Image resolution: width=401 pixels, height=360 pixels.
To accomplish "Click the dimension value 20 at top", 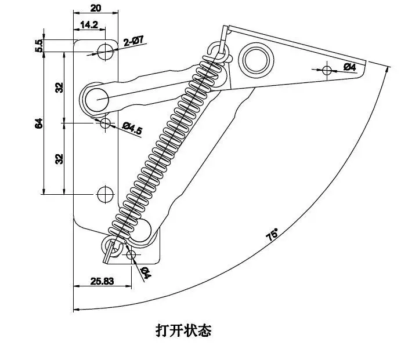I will tap(96, 8).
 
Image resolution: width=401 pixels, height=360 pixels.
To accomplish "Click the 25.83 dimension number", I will tap(102, 281).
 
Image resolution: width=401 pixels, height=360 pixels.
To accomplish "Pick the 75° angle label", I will tap(272, 235).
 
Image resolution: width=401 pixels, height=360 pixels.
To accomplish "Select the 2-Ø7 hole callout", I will tap(133, 41).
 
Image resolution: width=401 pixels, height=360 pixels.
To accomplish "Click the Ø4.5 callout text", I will tap(132, 128).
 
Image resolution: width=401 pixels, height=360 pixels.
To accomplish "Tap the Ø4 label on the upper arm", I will tap(349, 67).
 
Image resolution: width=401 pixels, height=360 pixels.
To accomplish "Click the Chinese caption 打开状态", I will tap(183, 331).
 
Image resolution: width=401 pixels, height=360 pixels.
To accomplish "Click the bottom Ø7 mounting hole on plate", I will tap(106, 194).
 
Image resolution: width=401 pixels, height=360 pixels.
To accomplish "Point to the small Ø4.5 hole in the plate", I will tap(106, 123).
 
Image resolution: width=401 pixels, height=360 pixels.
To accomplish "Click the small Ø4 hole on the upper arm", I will tap(327, 71).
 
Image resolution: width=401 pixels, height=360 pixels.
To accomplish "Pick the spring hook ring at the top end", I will tap(221, 49).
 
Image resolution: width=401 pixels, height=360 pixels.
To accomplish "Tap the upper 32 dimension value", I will tap(59, 88).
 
